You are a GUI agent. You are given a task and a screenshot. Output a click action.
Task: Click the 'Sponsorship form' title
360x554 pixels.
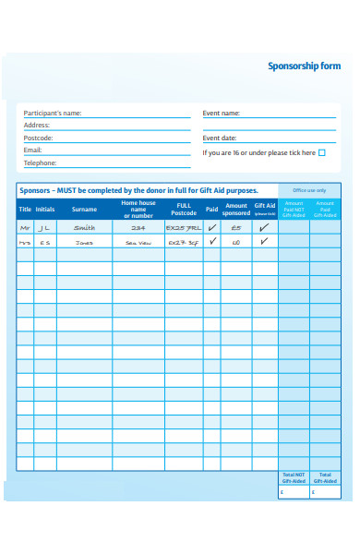pyautogui.click(x=304, y=66)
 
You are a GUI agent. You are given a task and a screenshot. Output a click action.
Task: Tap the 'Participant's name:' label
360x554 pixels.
pyautogui.click(x=53, y=114)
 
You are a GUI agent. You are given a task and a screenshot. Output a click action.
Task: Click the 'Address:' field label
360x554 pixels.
pyautogui.click(x=37, y=126)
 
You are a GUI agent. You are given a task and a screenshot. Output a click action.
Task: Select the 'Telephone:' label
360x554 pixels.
pyautogui.click(x=41, y=163)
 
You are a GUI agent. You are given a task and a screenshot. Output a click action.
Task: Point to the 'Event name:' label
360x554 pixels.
pyautogui.click(x=222, y=114)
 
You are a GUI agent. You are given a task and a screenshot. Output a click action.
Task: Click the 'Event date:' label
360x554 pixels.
pyautogui.click(x=220, y=138)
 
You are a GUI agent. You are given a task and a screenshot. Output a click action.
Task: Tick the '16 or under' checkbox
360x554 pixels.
pyautogui.click(x=321, y=153)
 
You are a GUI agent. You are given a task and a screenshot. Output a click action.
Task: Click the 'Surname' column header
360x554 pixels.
pyautogui.click(x=84, y=210)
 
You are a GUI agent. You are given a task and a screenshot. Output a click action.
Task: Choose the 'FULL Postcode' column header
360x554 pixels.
pyautogui.click(x=184, y=209)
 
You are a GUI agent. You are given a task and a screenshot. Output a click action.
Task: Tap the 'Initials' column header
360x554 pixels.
pyautogui.click(x=45, y=210)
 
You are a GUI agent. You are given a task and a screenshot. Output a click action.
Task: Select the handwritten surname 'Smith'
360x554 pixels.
pyautogui.click(x=84, y=227)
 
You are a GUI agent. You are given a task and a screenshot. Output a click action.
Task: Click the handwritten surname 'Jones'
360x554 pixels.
pyautogui.click(x=84, y=243)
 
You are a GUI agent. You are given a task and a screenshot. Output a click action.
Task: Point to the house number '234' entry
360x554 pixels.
pyautogui.click(x=138, y=227)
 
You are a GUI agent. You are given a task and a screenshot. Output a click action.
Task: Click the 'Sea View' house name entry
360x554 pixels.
pyautogui.click(x=138, y=243)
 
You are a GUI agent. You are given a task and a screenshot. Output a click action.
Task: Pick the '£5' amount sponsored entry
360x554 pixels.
pyautogui.click(x=236, y=227)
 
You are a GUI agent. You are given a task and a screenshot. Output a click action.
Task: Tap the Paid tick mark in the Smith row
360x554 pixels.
pyautogui.click(x=212, y=226)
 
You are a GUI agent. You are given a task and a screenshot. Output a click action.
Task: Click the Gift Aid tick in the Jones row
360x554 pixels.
pyautogui.click(x=264, y=242)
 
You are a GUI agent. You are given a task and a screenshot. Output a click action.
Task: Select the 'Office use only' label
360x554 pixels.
pyautogui.click(x=309, y=190)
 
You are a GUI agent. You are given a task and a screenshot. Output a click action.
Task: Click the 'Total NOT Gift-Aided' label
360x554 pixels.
pyautogui.click(x=294, y=477)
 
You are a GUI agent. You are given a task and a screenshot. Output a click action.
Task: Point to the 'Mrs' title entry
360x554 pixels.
pyautogui.click(x=25, y=243)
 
